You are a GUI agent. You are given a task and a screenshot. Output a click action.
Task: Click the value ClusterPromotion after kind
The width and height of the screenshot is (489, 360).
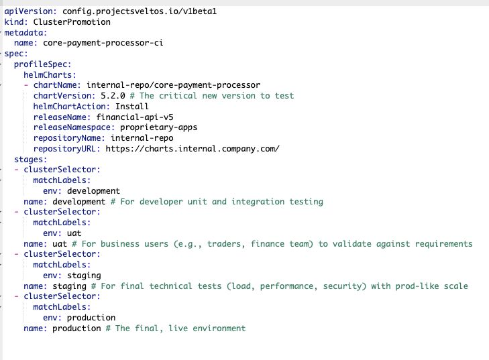[x=72, y=22]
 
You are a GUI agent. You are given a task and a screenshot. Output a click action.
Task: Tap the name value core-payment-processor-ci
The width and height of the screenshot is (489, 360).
[x=103, y=43]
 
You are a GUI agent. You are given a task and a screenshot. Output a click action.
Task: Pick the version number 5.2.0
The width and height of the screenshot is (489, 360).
[x=113, y=96]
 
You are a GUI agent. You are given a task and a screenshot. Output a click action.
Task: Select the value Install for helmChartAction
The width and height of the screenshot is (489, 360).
[x=132, y=107]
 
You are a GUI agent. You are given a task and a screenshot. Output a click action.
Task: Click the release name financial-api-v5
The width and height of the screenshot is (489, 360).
[x=134, y=117]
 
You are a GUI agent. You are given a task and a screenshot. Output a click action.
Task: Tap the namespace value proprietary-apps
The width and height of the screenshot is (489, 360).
[x=158, y=127]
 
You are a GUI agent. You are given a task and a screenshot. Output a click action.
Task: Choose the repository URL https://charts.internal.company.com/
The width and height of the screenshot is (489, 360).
[x=193, y=149]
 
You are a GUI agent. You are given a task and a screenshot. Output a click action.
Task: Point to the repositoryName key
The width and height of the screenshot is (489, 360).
[x=67, y=138]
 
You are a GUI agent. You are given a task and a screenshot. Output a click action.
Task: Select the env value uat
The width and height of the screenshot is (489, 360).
[x=74, y=233]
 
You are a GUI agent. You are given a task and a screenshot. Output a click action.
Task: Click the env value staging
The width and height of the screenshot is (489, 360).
[x=84, y=276]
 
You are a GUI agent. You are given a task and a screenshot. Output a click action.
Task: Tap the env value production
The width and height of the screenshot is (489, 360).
[x=91, y=318]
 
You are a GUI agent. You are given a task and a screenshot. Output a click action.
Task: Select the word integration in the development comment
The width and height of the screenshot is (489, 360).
[x=258, y=202]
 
